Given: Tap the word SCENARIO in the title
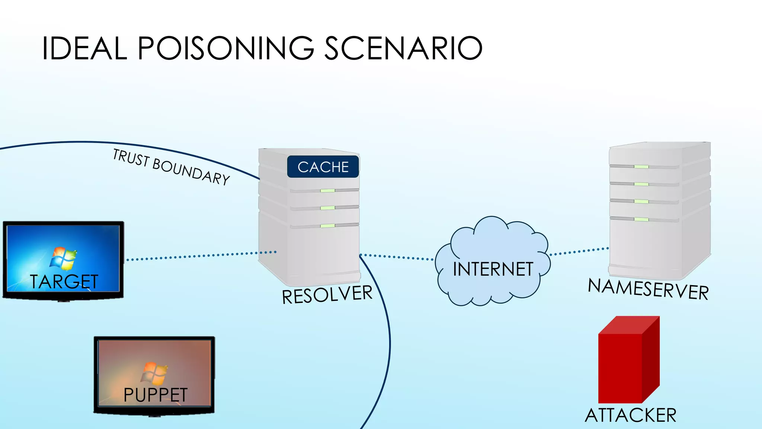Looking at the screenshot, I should (x=403, y=48).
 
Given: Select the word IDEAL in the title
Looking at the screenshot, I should (x=84, y=48).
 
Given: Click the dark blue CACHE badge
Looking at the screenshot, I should (x=323, y=167).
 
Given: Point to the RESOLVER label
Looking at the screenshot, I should (x=327, y=294).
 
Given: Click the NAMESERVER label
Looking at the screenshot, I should (x=648, y=289).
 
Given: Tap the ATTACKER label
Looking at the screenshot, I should (x=630, y=415).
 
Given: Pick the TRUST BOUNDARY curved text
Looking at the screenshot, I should (x=171, y=167).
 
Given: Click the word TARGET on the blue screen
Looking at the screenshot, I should (x=64, y=282).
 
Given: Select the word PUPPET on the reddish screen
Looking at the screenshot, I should (x=156, y=395).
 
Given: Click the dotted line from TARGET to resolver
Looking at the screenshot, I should (x=201, y=256).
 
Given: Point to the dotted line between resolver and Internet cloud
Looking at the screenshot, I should (x=397, y=257).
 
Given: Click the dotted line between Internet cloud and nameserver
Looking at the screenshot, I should (x=579, y=251).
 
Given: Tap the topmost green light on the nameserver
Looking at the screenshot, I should (x=641, y=166).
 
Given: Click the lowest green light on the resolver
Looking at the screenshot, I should (x=327, y=226).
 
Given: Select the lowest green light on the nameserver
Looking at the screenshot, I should (x=641, y=219).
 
